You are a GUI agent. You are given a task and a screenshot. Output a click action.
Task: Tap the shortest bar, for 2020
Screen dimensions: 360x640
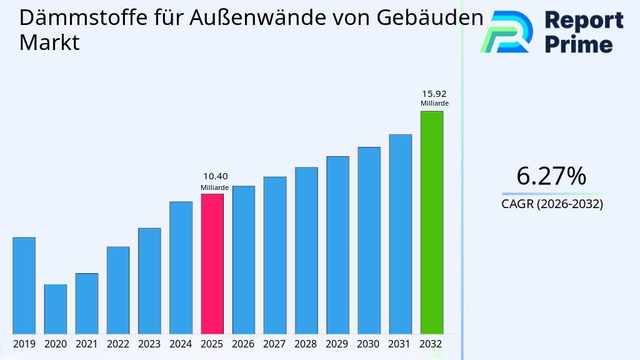click(x=55, y=309)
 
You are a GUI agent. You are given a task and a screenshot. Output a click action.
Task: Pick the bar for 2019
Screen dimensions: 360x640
click(x=24, y=285)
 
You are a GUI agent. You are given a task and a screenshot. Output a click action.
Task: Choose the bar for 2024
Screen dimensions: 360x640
click(x=181, y=267)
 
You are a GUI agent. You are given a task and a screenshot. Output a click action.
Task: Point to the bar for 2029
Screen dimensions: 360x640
click(x=337, y=244)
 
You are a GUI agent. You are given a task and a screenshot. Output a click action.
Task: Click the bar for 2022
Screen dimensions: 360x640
click(x=118, y=290)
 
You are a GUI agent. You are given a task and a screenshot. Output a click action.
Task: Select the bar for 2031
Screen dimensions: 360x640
click(x=400, y=234)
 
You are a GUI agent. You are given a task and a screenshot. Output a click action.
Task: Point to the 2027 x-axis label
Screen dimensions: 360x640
click(x=274, y=344)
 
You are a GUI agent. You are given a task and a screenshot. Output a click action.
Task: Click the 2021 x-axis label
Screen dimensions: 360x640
click(x=86, y=344)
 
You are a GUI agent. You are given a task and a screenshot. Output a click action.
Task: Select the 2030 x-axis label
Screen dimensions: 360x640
click(x=369, y=344)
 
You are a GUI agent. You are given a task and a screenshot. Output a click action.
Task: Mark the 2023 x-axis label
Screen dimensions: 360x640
click(x=149, y=344)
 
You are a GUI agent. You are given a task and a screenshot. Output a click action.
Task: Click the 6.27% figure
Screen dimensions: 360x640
click(x=551, y=176)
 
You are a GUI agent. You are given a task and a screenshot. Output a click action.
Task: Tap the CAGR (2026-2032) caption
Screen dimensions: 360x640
click(x=552, y=204)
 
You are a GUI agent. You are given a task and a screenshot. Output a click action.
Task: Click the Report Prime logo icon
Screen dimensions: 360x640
click(x=506, y=31)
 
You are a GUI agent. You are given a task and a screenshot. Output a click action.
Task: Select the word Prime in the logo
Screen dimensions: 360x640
click(x=579, y=44)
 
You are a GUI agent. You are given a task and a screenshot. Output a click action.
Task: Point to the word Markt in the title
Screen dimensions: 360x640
click(x=49, y=43)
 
